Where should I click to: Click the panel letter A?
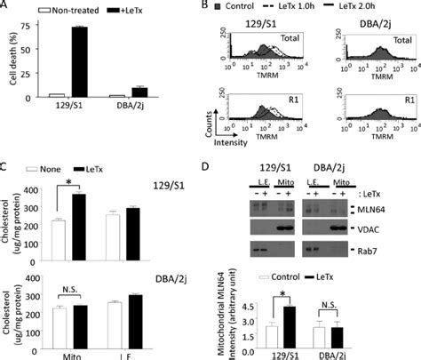[6, 7]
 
